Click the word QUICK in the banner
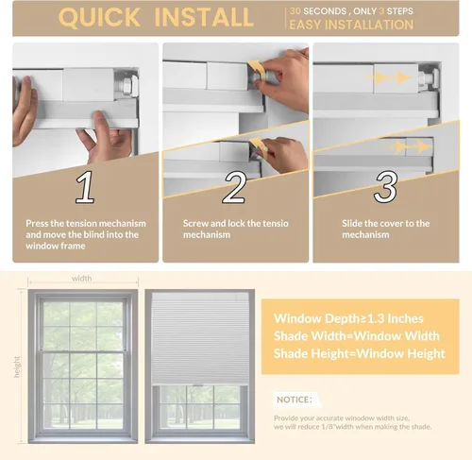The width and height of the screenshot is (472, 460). [99, 17]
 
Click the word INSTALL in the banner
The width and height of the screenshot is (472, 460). [204, 17]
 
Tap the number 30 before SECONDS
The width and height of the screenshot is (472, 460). [295, 11]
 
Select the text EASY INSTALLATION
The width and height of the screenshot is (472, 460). [351, 25]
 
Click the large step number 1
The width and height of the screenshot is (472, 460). [85, 187]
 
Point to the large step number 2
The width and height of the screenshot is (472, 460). [234, 187]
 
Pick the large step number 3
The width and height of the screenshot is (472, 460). [385, 186]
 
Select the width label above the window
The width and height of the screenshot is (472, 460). [82, 279]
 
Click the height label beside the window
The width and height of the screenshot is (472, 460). [17, 366]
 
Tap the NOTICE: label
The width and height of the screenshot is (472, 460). [295, 400]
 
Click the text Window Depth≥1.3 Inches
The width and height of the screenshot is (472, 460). [348, 318]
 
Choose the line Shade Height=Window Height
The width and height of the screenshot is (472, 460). [360, 353]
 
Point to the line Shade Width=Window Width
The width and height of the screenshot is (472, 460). [357, 336]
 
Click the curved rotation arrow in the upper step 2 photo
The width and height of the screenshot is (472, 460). [255, 69]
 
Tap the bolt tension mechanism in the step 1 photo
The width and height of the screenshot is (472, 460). [127, 84]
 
